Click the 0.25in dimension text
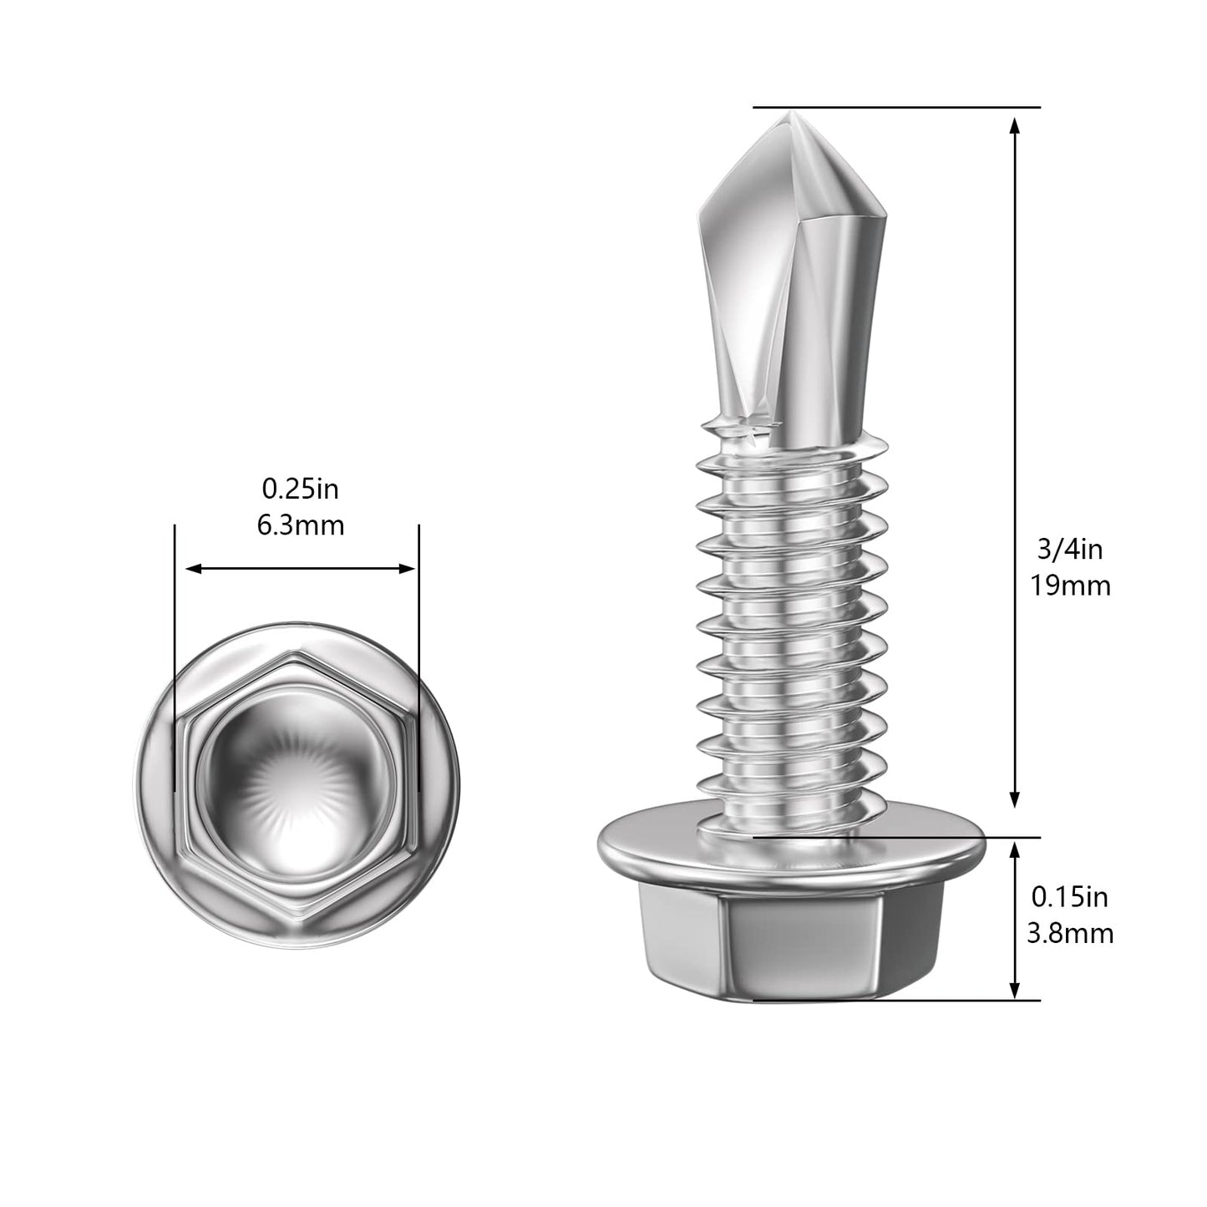[x=301, y=488]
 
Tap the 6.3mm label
[x=301, y=525]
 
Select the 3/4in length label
[x=1070, y=549]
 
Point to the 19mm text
[x=1070, y=586]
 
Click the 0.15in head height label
[x=1070, y=897]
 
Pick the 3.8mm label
[x=1070, y=934]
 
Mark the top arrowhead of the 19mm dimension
[x=1014, y=125]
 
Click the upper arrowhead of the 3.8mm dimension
[x=1014, y=850]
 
